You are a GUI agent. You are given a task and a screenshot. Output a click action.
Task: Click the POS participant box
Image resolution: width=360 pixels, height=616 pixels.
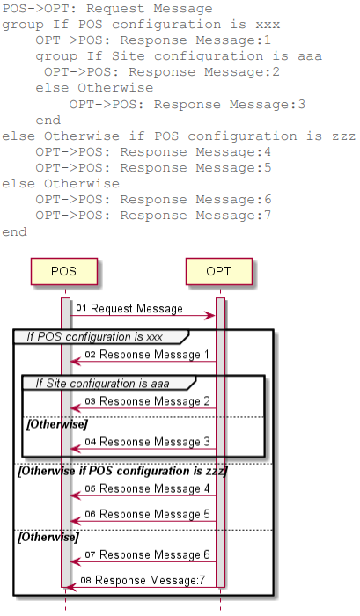coord(64,271)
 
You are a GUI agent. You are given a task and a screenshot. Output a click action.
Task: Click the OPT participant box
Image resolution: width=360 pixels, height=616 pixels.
coord(219,271)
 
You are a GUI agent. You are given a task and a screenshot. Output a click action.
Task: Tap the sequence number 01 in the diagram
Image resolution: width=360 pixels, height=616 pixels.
coord(81,308)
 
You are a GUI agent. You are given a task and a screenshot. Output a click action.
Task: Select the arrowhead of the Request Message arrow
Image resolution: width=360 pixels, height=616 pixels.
coord(209,315)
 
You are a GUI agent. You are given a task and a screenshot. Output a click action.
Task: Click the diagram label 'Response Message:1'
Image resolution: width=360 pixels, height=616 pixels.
coord(154,355)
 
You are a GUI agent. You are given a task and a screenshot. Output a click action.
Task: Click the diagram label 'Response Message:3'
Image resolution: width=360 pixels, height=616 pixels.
coord(155,442)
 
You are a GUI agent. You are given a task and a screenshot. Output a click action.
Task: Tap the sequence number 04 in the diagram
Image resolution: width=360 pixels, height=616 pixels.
coord(91,442)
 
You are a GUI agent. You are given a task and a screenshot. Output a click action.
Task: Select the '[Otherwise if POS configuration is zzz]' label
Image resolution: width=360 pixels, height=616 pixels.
coord(122,471)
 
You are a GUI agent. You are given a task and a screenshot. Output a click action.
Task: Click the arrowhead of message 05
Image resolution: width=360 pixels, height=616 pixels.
coord(76,495)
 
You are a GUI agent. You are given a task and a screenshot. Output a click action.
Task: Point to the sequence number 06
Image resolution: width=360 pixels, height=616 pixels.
coord(91,514)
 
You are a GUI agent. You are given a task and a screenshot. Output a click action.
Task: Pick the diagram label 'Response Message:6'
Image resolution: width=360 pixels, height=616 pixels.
coord(155,554)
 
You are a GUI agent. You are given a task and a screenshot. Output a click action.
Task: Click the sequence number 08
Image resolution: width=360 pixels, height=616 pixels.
coord(85,580)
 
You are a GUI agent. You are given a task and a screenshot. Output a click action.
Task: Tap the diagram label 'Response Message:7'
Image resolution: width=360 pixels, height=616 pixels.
coord(151,580)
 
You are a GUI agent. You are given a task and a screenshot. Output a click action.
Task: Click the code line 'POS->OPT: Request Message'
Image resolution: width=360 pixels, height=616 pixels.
coord(107,9)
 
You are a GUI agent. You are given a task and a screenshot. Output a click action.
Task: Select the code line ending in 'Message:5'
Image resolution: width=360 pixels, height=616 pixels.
coord(153,168)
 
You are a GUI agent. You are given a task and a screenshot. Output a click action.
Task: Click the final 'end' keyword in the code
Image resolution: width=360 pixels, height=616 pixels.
coord(15,231)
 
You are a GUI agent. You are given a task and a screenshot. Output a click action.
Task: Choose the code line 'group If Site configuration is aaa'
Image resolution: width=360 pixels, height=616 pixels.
coord(179,56)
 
